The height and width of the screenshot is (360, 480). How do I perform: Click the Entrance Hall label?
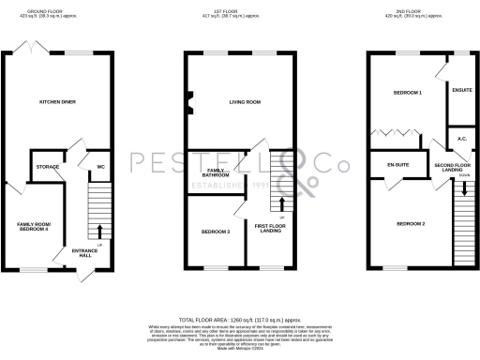pos(85,254)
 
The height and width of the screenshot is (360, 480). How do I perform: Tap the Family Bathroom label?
pos(217,173)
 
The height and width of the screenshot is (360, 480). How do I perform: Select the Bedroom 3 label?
pos(216,231)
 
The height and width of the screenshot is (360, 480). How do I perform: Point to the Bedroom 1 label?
pos(407,94)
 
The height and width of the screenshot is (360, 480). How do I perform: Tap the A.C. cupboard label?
pos(461,139)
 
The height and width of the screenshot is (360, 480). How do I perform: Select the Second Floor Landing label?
pos(452,167)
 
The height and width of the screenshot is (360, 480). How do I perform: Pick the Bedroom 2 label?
pos(411,224)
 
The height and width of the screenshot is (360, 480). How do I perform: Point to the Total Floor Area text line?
pos(239,319)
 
